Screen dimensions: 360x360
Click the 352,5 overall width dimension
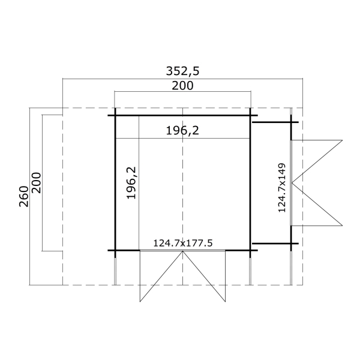click(182, 71)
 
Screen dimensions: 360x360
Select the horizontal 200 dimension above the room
click(182, 86)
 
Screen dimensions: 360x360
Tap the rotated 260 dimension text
click(24, 197)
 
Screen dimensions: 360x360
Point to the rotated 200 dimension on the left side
click(36, 183)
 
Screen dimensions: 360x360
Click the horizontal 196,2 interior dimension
click(182, 131)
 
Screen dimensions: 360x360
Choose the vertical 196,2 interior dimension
click(131, 183)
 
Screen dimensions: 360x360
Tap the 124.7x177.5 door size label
click(183, 243)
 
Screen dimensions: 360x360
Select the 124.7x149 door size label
click(282, 188)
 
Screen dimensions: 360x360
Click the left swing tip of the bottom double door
click(140, 301)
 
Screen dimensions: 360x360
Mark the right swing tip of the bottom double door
click(225, 301)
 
